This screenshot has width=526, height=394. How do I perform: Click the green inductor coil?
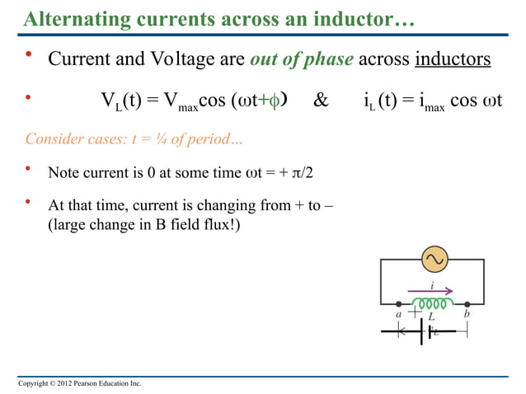tap(433, 302)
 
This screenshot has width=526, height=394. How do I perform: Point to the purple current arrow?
tap(433, 290)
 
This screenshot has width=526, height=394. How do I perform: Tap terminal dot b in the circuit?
tap(467, 303)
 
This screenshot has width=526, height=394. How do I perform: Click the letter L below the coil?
tap(431, 317)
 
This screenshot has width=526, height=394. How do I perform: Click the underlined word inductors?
tap(453, 59)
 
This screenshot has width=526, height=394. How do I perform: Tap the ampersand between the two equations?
tap(321, 102)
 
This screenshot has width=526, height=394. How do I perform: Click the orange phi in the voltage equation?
tap(276, 102)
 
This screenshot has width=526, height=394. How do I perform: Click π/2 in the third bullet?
tap(309, 173)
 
